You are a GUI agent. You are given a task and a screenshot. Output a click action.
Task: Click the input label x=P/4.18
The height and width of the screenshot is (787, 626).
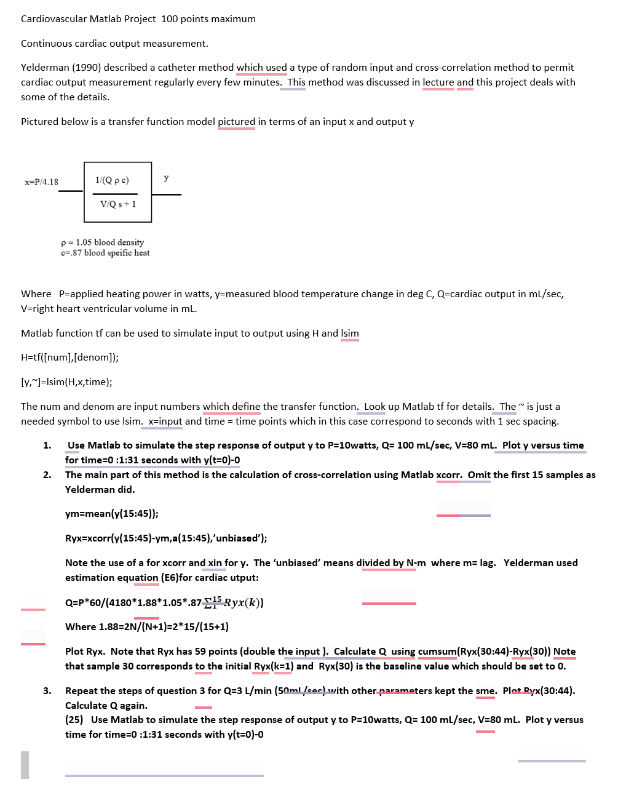(41, 182)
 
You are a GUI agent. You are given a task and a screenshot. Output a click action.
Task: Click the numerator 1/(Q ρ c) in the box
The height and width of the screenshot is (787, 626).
(112, 180)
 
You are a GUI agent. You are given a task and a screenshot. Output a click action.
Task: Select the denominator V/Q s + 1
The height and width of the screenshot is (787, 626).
(118, 204)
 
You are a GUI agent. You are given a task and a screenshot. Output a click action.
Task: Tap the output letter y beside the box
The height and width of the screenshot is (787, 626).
(166, 178)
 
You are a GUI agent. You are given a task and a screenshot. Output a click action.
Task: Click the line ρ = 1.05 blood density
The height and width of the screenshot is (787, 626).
(103, 242)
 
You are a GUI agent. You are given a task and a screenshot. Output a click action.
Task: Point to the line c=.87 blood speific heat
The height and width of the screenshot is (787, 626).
(105, 253)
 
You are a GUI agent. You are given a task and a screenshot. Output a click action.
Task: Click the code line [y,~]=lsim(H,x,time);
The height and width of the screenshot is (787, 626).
(66, 382)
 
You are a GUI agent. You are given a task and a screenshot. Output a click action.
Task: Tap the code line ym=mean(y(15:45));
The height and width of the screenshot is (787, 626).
(111, 514)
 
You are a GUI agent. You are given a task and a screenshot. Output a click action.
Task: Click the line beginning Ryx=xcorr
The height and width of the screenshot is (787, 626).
(166, 538)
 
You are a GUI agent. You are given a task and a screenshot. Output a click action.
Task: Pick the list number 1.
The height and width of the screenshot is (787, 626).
(47, 445)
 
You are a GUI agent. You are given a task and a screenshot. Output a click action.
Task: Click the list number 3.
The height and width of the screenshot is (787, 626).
(47, 691)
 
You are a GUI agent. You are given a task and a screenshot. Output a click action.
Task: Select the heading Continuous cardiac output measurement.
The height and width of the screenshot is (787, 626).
(114, 44)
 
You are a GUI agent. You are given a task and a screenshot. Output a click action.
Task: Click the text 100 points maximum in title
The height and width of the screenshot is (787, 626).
(208, 19)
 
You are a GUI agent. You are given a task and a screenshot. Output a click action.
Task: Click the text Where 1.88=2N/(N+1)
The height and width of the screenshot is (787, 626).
(146, 627)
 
